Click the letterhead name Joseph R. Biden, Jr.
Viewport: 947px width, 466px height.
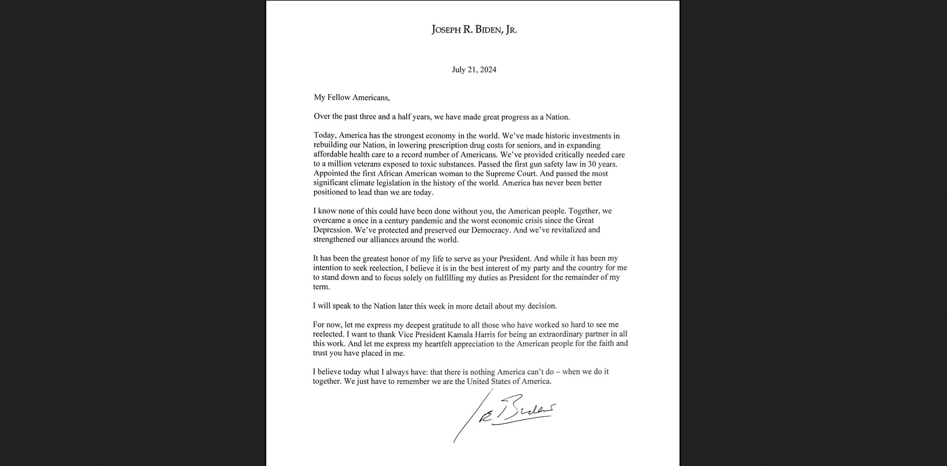tap(474, 30)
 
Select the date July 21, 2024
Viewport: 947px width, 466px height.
tap(474, 70)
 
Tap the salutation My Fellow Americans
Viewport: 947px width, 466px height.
tap(352, 98)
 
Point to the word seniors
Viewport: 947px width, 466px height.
tap(527, 145)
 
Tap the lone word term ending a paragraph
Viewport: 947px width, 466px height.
tap(321, 287)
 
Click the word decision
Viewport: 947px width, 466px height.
tap(541, 306)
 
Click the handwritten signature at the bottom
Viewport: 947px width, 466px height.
tap(508, 413)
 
